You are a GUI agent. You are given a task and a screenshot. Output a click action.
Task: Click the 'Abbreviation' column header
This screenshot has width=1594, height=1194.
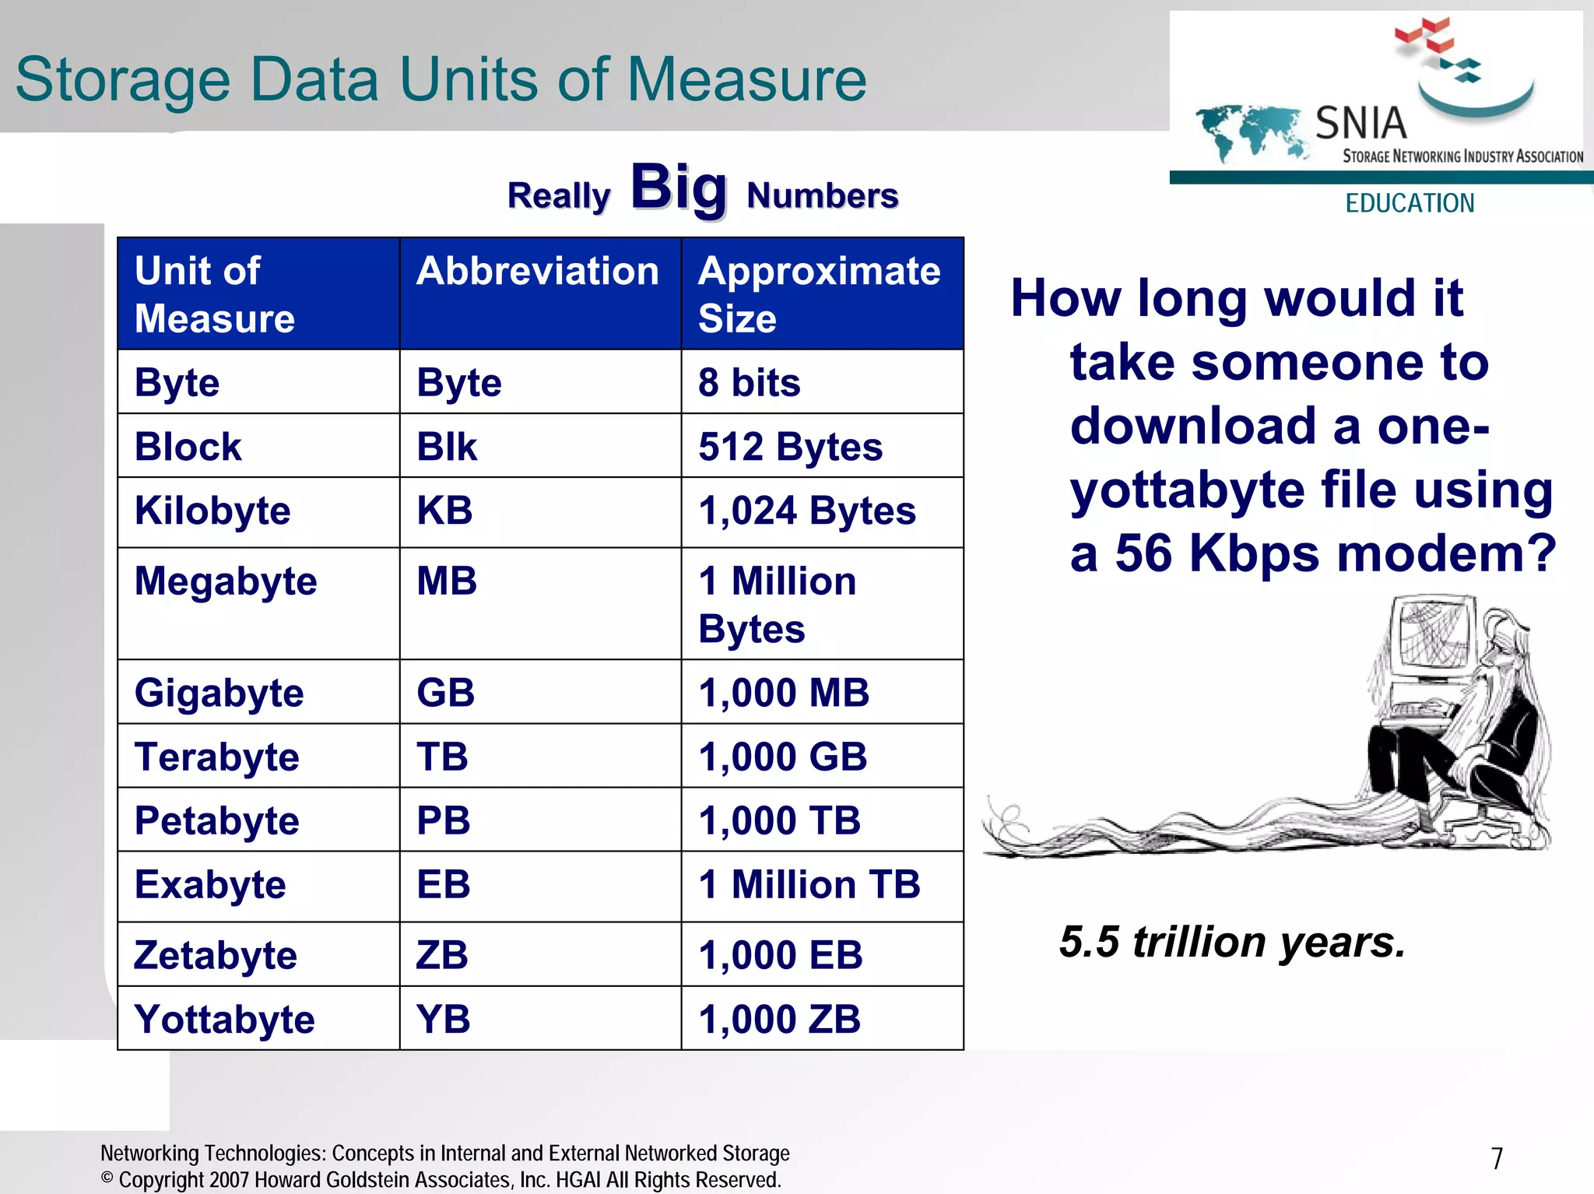tap(537, 272)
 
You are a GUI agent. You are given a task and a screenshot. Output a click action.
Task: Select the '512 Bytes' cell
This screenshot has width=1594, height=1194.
tap(790, 447)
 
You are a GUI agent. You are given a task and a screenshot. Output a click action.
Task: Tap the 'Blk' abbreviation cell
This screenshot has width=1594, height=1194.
tap(446, 447)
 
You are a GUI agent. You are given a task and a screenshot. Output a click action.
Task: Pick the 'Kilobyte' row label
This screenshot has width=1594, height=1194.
tap(212, 511)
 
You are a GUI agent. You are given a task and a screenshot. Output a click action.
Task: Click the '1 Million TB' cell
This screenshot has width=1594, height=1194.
tap(809, 885)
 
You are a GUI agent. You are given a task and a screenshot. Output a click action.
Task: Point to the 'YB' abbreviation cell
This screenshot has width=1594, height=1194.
tap(443, 1019)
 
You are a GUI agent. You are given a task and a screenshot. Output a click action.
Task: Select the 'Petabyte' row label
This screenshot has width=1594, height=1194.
tap(216, 821)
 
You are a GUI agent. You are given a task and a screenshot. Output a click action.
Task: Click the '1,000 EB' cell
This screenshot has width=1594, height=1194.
tap(780, 955)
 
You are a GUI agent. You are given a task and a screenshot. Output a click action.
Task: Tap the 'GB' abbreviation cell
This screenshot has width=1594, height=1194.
tap(445, 693)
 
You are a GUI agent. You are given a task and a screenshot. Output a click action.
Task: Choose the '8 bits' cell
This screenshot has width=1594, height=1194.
tap(749, 383)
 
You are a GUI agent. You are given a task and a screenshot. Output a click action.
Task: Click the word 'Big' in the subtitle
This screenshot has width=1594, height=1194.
tap(679, 188)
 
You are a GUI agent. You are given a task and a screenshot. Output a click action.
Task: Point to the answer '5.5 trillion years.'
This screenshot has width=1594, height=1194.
tap(1232, 942)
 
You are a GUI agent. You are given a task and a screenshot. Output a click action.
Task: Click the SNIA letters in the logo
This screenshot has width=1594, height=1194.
tap(1361, 123)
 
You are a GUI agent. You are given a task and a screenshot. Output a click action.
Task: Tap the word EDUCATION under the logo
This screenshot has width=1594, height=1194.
tap(1410, 203)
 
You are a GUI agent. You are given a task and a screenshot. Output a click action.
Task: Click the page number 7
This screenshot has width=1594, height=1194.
tap(1497, 1159)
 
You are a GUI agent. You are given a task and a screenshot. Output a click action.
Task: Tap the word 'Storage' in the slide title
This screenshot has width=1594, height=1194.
tap(123, 80)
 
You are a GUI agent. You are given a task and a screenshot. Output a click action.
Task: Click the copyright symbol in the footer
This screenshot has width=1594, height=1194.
tap(107, 1178)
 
